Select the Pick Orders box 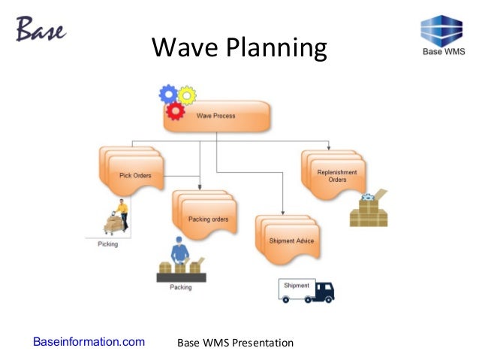pyautogui.click(x=136, y=176)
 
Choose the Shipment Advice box pyautogui.click(x=291, y=240)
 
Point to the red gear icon pyautogui.click(x=176, y=111)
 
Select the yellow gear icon pyautogui.click(x=186, y=95)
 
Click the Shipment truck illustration pyautogui.click(x=306, y=290)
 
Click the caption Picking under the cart pyautogui.click(x=108, y=244)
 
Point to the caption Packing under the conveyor pyautogui.click(x=180, y=287)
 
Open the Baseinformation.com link pyautogui.click(x=89, y=343)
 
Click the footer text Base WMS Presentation pyautogui.click(x=234, y=343)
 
